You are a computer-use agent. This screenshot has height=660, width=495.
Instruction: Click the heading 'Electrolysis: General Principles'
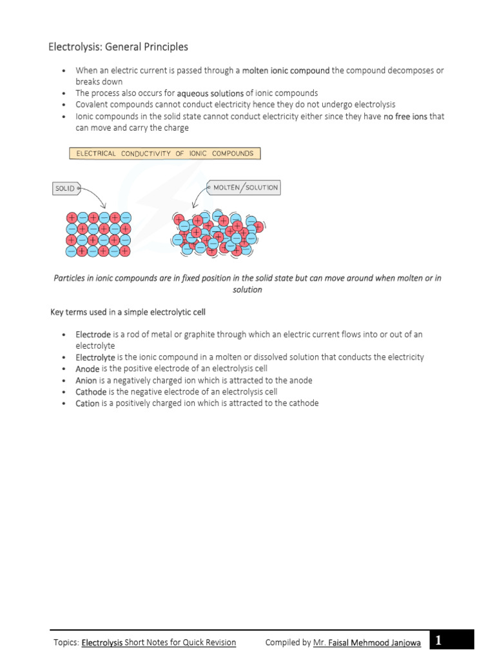pyautogui.click(x=119, y=47)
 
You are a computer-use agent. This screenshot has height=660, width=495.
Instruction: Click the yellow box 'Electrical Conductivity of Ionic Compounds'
pyautogui.click(x=165, y=154)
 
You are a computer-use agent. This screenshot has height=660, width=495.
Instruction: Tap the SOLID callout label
pyautogui.click(x=65, y=189)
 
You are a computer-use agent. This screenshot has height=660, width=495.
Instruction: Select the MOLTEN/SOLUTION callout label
pyautogui.click(x=244, y=188)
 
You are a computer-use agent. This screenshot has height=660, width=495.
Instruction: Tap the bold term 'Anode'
pyautogui.click(x=88, y=369)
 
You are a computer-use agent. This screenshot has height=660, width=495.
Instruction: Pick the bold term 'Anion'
pyautogui.click(x=86, y=381)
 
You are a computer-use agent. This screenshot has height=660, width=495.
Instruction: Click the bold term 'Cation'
pyautogui.click(x=88, y=403)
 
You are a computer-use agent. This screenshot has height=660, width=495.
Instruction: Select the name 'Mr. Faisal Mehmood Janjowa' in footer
pyautogui.click(x=367, y=643)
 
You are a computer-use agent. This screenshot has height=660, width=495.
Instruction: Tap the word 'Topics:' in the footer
pyautogui.click(x=66, y=643)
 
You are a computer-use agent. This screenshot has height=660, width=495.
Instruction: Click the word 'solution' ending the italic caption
pyautogui.click(x=247, y=290)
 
